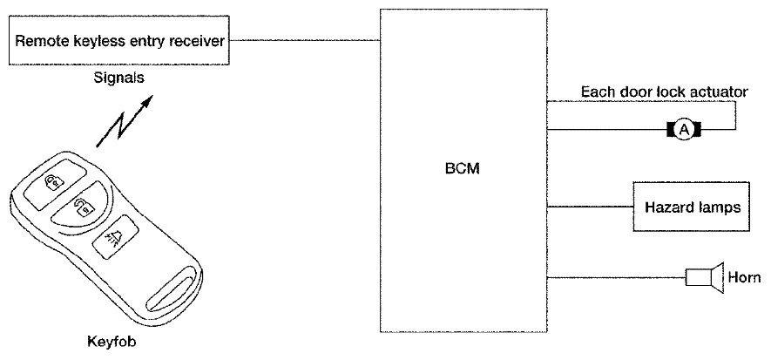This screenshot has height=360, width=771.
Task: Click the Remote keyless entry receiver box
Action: click(x=120, y=40)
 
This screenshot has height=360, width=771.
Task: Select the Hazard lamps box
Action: click(x=692, y=207)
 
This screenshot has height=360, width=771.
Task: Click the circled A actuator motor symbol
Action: click(x=684, y=130)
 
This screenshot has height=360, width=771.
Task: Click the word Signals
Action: click(x=118, y=78)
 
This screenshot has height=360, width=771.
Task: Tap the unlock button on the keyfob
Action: click(x=83, y=207)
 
